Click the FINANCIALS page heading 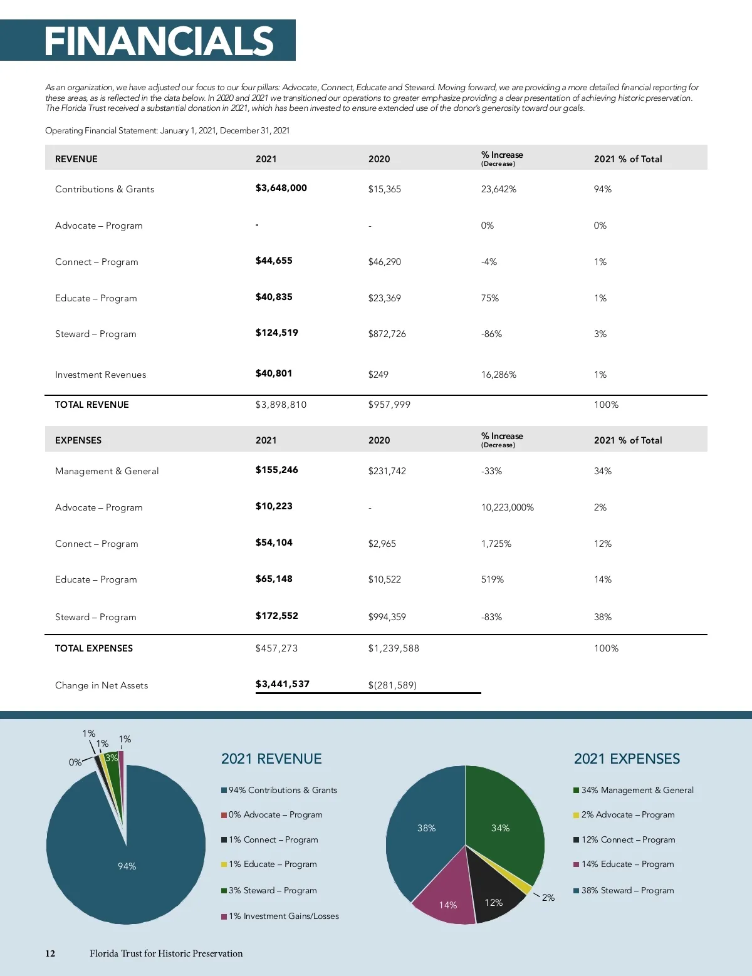point(159,41)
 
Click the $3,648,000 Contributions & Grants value point(281,188)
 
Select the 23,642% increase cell point(498,189)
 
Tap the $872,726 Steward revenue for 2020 point(387,334)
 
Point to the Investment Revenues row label point(100,375)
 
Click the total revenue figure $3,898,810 point(281,405)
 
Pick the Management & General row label point(107,471)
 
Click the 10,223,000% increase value point(507,507)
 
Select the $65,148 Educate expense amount point(274,579)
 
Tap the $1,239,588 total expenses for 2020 point(394,648)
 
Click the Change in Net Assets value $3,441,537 point(282,684)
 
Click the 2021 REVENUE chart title point(271,759)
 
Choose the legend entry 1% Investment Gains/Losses point(283,916)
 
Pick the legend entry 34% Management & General point(637,790)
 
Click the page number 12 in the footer point(50,953)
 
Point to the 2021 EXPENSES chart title point(627,759)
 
